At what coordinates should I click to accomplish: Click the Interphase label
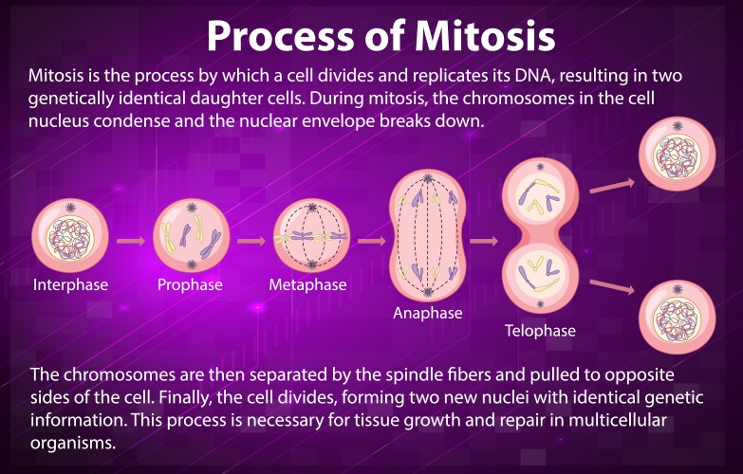click(x=71, y=284)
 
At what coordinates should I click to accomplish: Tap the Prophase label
click(x=190, y=284)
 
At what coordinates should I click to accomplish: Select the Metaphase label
click(x=307, y=284)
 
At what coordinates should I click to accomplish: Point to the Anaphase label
click(x=427, y=313)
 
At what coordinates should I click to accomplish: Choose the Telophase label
click(x=539, y=332)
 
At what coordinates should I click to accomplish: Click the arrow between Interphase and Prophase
click(x=130, y=240)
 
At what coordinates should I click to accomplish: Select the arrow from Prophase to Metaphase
click(x=251, y=240)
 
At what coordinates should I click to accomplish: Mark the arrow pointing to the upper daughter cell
click(x=612, y=185)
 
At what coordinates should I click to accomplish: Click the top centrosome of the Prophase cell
click(x=190, y=208)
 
